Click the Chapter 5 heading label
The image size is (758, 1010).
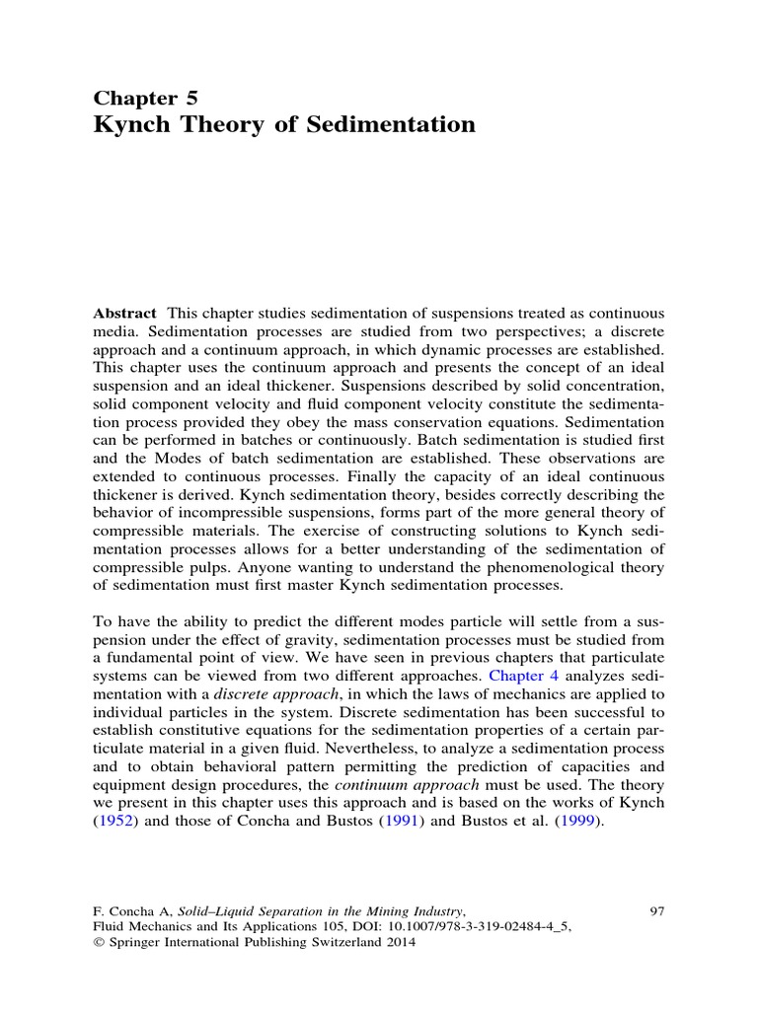pos(145,97)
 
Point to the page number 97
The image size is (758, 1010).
pos(656,911)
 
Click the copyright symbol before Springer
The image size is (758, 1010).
pos(99,942)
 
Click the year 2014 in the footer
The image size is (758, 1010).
pos(400,942)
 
